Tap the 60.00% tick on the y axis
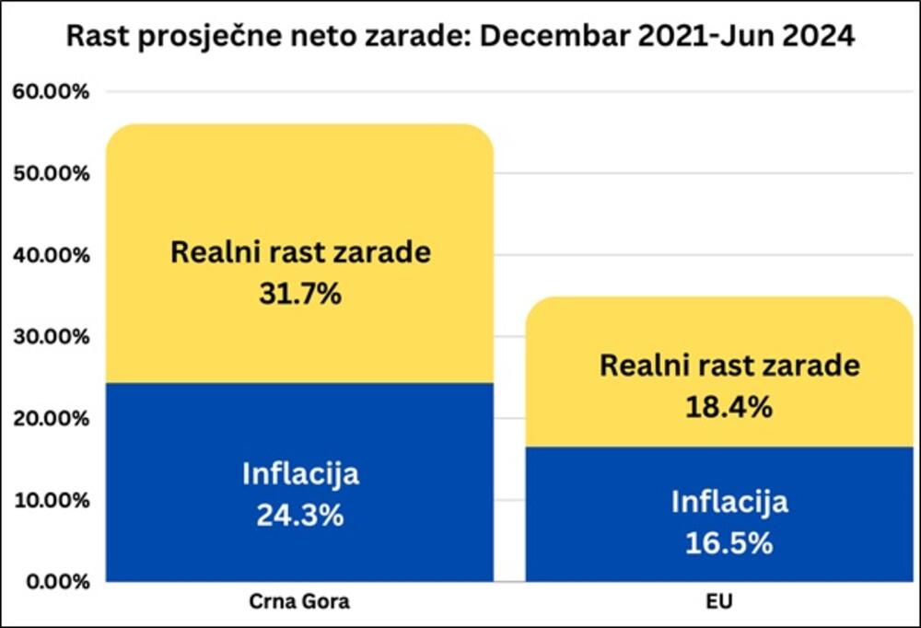[51, 92]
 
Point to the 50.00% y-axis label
[51, 174]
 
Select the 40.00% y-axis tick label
[51, 255]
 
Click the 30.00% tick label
[51, 337]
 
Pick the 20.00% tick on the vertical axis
[51, 419]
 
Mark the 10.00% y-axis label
[51, 500]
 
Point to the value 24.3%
[300, 515]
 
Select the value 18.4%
[729, 406]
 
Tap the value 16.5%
[729, 542]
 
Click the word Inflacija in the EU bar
[729, 503]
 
